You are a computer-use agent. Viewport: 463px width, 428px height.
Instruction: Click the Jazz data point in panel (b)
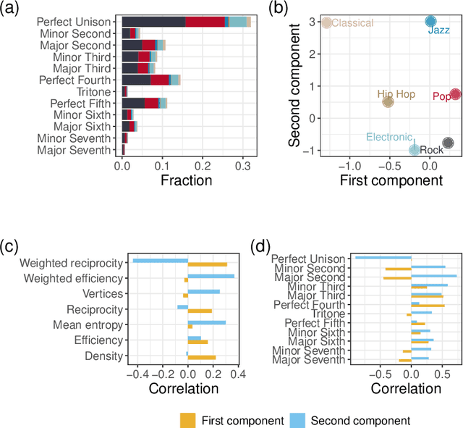(x=430, y=22)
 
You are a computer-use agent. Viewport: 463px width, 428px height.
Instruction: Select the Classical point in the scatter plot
(x=326, y=22)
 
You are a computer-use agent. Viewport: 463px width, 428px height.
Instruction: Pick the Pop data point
(x=455, y=94)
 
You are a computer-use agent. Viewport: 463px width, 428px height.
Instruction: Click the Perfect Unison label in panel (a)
(x=75, y=22)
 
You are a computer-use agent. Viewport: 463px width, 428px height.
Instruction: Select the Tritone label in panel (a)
(x=94, y=92)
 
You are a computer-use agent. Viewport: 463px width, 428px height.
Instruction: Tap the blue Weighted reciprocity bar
(x=160, y=260)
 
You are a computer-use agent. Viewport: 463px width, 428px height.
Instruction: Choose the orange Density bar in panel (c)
(x=202, y=357)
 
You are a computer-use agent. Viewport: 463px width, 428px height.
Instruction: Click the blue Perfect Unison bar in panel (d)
(x=383, y=256)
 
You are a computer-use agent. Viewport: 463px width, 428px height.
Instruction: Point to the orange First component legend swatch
(x=188, y=420)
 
